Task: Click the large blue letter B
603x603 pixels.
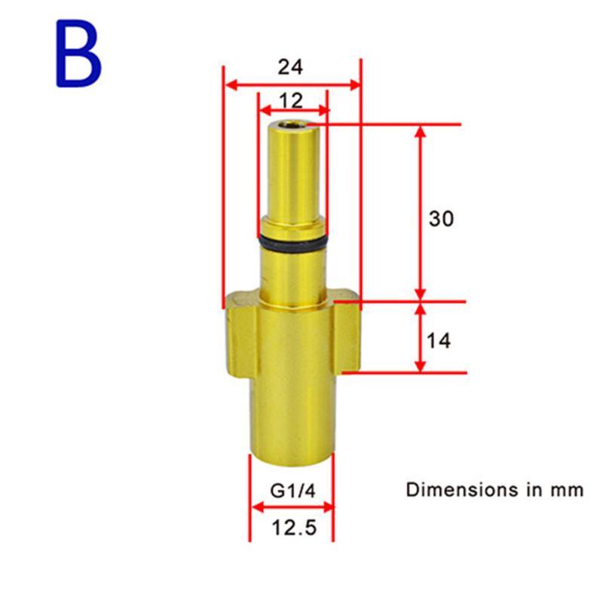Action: (79, 54)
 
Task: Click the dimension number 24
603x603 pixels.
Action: (290, 67)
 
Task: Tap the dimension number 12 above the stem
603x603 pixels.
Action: (291, 101)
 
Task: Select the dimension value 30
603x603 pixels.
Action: (442, 219)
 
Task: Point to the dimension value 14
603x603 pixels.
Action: (439, 341)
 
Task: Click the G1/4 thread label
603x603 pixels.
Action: (292, 491)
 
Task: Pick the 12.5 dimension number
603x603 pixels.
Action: (295, 527)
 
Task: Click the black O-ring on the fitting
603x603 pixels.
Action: (292, 243)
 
